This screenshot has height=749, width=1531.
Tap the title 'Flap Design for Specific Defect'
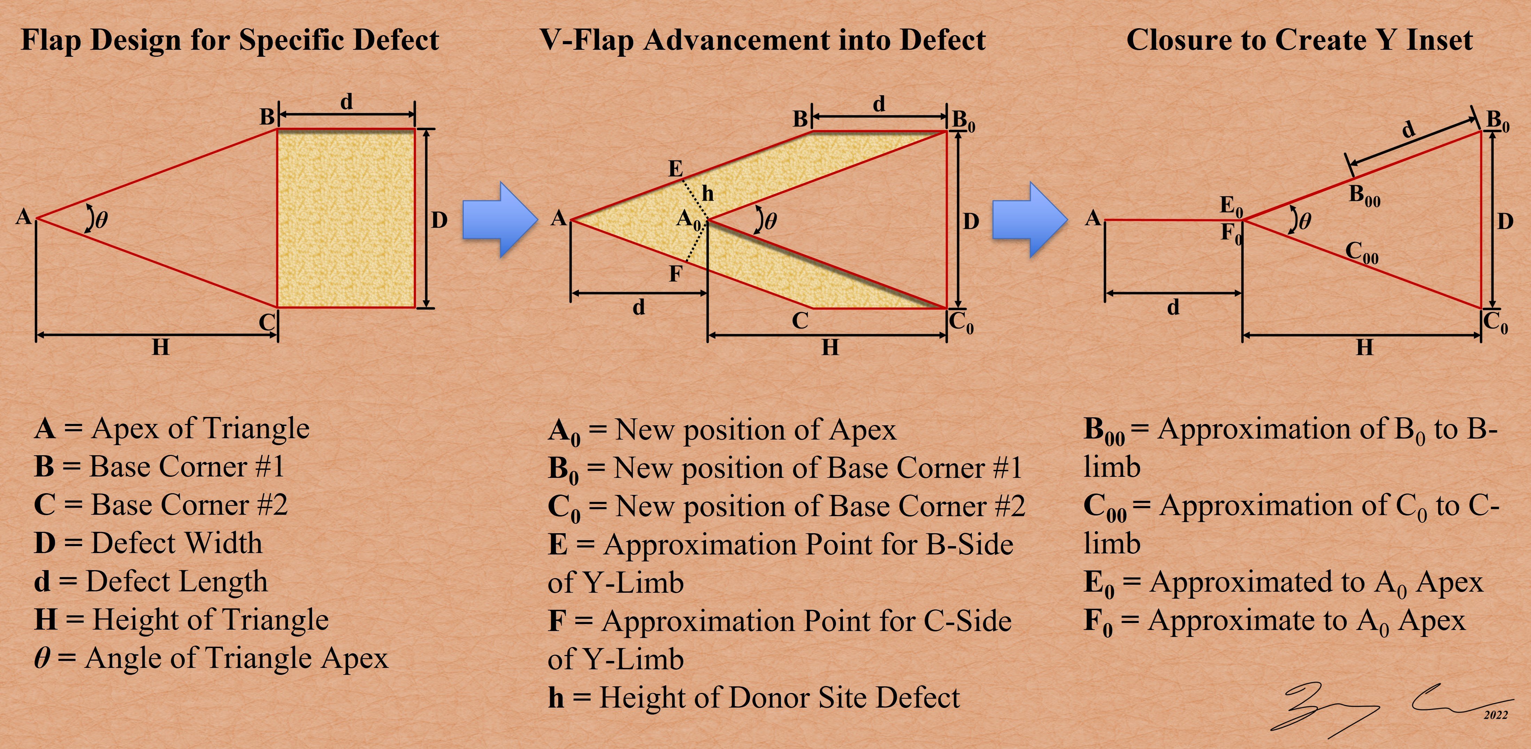click(x=230, y=40)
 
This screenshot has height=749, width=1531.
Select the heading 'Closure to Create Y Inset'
click(x=1299, y=40)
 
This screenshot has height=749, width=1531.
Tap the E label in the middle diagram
click(x=675, y=169)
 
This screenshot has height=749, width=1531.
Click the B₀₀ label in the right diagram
click(x=1365, y=196)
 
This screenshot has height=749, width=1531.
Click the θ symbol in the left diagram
click(x=102, y=221)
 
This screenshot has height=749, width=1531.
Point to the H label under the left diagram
click(x=160, y=347)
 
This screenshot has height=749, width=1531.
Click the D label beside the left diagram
click(x=439, y=221)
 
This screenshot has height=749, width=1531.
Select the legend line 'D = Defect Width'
click(x=148, y=543)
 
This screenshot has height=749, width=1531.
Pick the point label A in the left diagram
click(x=23, y=217)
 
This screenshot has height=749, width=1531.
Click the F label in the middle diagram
click(x=675, y=274)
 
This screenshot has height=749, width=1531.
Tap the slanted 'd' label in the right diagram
click(x=1408, y=129)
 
